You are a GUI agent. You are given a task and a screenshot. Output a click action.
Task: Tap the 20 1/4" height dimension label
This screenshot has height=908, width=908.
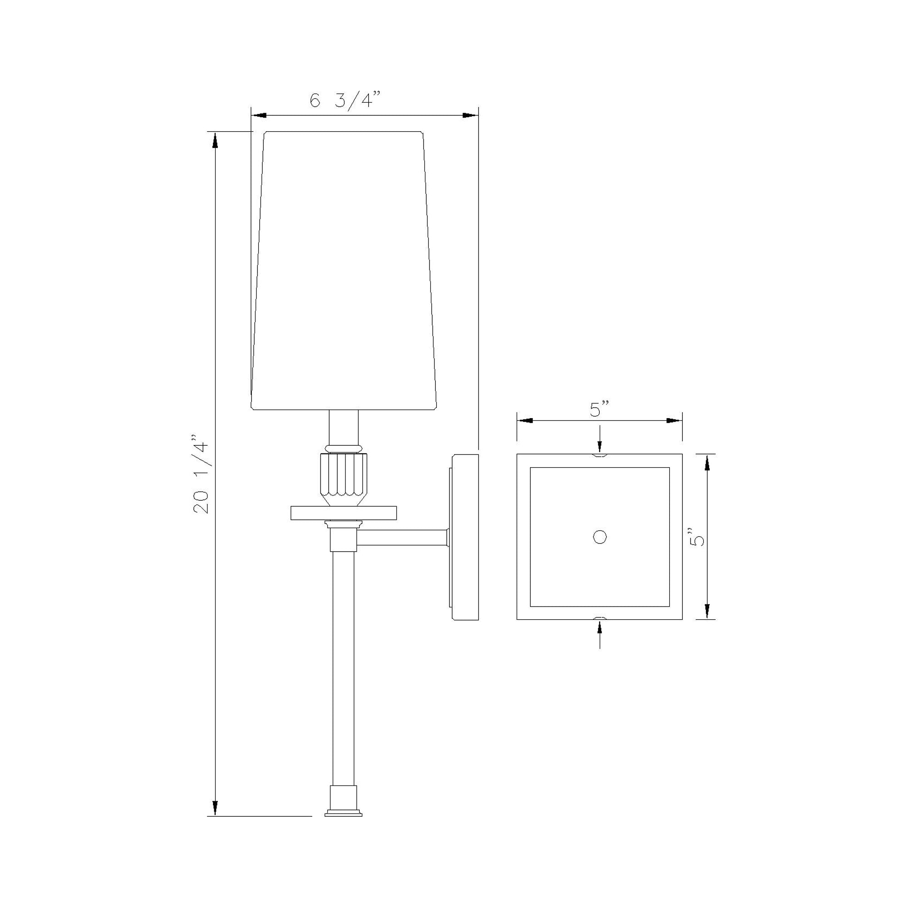pos(202,476)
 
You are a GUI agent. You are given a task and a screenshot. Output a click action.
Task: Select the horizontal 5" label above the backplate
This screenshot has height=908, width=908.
pos(599,410)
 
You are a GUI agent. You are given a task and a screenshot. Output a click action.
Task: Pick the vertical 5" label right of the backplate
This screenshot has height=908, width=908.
pos(698,537)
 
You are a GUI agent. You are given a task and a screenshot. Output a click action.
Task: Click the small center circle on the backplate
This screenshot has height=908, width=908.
pos(600,537)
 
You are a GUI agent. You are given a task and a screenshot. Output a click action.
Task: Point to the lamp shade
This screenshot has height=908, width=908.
pos(344,271)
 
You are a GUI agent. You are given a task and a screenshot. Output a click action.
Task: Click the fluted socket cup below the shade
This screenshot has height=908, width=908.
pos(344,479)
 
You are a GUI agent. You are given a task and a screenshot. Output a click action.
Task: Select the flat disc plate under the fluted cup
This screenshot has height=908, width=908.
pos(344,513)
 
